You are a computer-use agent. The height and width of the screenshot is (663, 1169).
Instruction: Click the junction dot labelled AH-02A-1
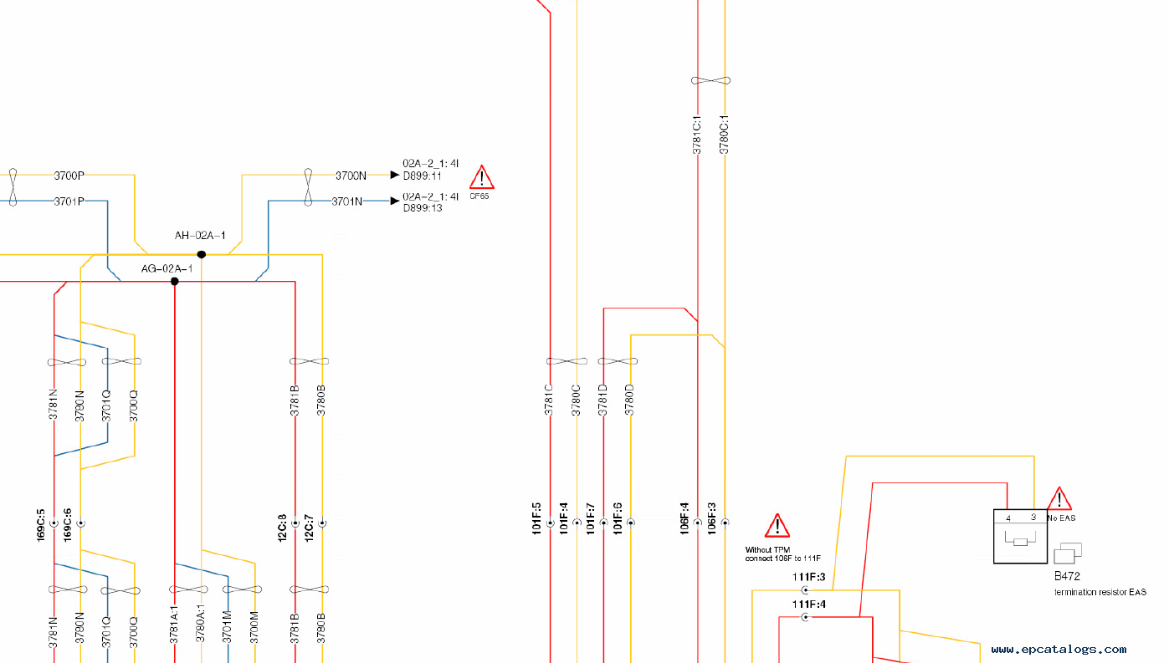[202, 254]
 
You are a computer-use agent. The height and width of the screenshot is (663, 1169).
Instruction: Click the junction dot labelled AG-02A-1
[175, 282]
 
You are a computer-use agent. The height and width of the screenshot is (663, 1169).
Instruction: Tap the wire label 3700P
[69, 176]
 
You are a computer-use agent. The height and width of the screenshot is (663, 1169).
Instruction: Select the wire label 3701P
[69, 201]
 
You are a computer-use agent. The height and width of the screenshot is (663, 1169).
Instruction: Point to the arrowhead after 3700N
[395, 175]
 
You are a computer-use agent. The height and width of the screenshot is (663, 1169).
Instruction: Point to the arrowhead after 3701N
[395, 201]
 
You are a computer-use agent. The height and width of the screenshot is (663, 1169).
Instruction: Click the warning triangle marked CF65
[481, 178]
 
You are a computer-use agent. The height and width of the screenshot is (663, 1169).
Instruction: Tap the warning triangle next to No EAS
[1059, 499]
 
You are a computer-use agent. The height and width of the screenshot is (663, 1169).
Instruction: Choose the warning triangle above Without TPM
[777, 526]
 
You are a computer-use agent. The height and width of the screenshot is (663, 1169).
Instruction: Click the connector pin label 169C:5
[41, 524]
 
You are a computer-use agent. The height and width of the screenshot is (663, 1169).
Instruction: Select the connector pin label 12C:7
[309, 527]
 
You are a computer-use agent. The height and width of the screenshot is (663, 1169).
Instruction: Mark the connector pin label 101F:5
[536, 518]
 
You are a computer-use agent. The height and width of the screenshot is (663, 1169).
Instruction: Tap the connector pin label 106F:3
[711, 518]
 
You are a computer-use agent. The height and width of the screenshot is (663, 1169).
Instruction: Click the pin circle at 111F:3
[806, 590]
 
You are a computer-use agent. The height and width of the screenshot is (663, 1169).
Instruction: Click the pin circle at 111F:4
[806, 617]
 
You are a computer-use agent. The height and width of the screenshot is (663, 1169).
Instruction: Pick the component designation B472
[1067, 576]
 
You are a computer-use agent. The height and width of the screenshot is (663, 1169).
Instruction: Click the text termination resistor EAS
[1100, 592]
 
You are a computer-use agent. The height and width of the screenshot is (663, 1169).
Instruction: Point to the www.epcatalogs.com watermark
[1059, 649]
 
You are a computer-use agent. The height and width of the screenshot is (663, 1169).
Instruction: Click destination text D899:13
[423, 208]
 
